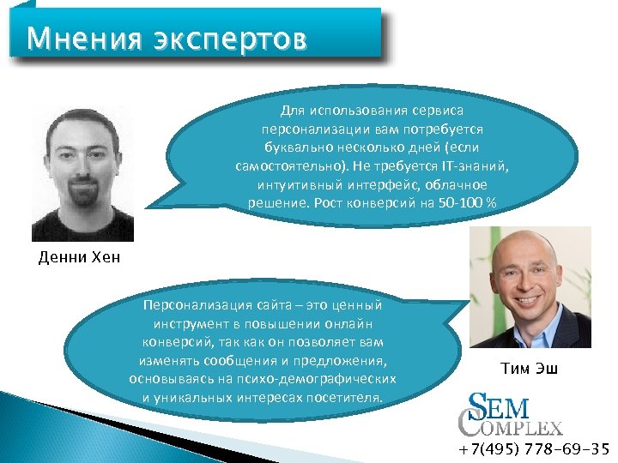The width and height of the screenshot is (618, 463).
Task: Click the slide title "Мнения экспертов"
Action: [x=166, y=39]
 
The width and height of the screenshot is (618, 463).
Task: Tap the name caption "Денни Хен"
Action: [x=80, y=258]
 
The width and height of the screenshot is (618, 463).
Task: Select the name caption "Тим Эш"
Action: [x=529, y=370]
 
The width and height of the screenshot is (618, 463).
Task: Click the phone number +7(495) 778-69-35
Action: [x=534, y=448]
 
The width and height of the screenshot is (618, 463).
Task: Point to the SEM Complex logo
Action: [x=512, y=414]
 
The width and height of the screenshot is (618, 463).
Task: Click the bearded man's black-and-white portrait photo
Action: [x=82, y=174]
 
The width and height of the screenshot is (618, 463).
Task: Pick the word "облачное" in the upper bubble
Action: [x=457, y=184]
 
